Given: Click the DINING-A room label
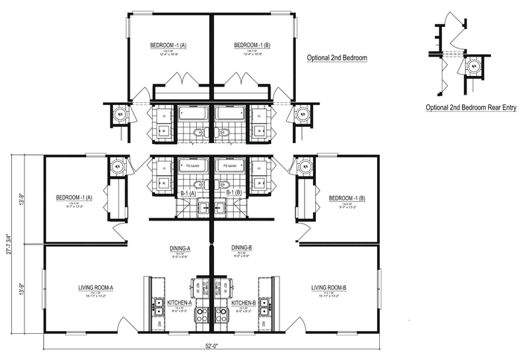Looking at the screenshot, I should [x=180, y=247].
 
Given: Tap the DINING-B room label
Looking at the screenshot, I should [x=241, y=247].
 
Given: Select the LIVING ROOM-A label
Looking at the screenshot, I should [x=95, y=287].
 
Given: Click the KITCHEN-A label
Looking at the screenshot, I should [x=180, y=303].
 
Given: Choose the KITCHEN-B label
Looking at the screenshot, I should [x=244, y=303].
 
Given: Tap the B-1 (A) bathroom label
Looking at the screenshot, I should [x=188, y=193].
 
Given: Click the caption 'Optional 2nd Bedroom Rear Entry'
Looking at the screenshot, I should [x=471, y=107].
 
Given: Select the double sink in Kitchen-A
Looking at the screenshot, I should [x=159, y=306].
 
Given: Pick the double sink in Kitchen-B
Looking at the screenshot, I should [x=264, y=306].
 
